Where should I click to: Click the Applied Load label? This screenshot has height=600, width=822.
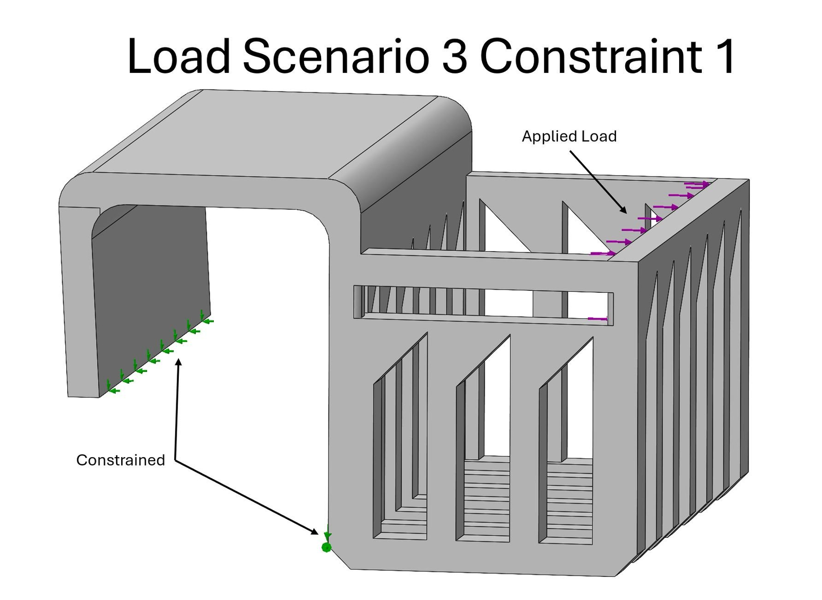(x=569, y=136)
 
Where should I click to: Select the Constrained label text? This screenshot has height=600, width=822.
(x=120, y=460)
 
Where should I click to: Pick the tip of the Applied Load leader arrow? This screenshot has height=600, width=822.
(x=626, y=212)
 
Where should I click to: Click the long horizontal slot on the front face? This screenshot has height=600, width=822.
(x=483, y=303)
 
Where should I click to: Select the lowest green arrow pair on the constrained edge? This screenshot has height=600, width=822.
(x=111, y=388)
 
